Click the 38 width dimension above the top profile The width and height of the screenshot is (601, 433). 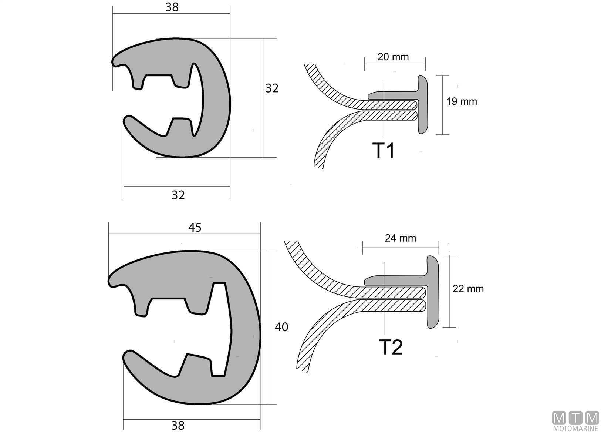(172, 7)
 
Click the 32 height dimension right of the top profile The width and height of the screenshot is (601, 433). (272, 88)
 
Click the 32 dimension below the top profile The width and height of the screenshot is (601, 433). (178, 195)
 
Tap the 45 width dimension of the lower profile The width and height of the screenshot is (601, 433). (195, 228)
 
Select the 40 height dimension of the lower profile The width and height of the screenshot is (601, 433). (281, 327)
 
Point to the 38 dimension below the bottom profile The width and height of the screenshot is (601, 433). (178, 426)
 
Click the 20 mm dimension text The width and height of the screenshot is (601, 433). (393, 57)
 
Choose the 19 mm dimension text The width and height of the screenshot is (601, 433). (461, 101)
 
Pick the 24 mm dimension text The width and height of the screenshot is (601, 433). (400, 238)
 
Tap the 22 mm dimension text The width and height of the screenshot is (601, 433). (468, 289)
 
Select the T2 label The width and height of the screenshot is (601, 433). (391, 347)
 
